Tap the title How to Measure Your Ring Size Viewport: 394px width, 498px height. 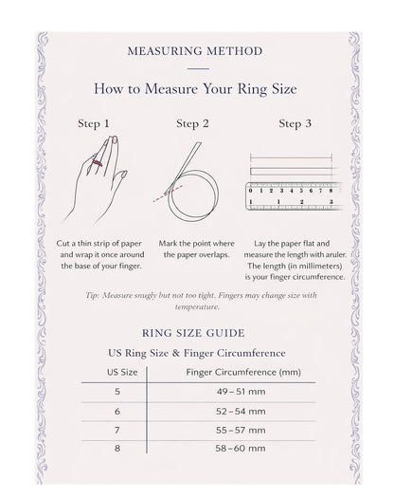(198, 89)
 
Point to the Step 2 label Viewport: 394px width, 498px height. (192, 123)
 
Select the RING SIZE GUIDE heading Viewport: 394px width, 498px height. (193, 333)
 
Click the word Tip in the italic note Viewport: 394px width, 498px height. (92, 295)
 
